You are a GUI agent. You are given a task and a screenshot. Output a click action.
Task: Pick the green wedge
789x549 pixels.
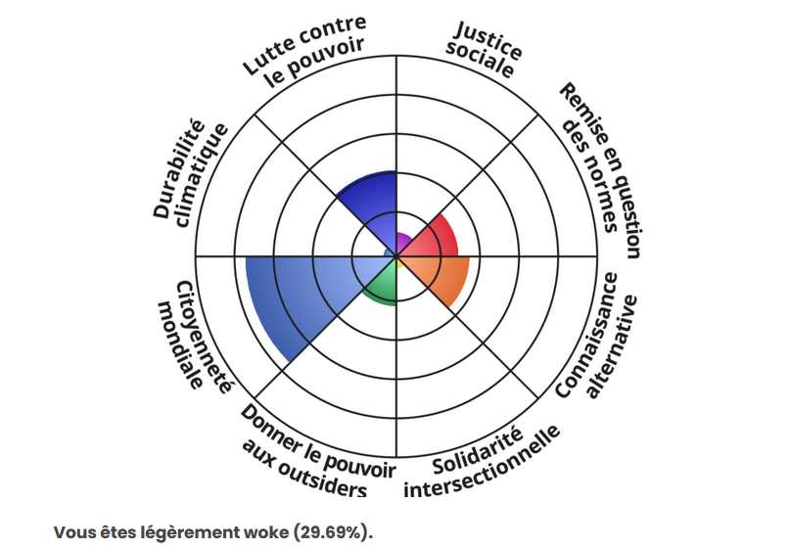[x=381, y=285]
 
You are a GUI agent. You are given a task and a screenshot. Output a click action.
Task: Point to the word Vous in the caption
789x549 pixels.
[x=72, y=532]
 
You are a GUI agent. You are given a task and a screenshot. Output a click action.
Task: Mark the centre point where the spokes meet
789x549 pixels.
[x=395, y=256]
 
